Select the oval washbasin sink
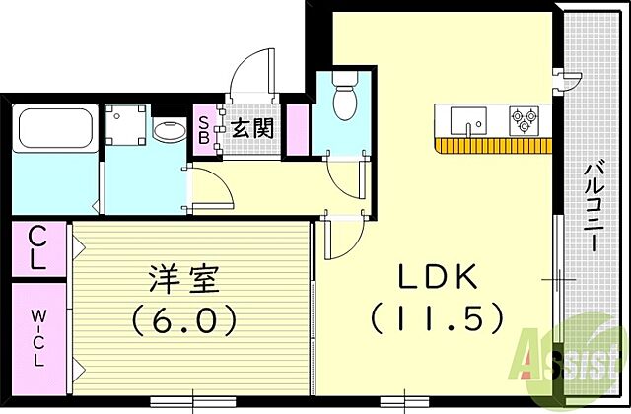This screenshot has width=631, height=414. coord(168,131)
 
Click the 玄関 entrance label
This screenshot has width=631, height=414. coord(253,128)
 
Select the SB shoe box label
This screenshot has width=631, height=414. coord(204,129)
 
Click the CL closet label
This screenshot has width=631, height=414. coord(39,251)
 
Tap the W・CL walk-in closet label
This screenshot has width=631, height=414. coord(37,335)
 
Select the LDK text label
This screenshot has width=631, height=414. coord(438,279)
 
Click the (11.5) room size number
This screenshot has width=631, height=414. coord(438,318)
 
